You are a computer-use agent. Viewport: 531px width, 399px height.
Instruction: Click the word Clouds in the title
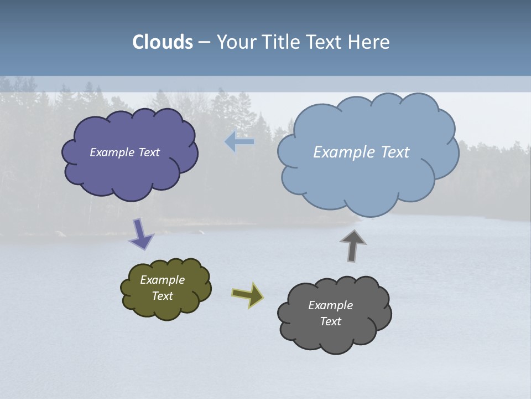pyautogui.click(x=163, y=42)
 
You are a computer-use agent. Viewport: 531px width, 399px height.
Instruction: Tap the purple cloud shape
pyautogui.click(x=130, y=172)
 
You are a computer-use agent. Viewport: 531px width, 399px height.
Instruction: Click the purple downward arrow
pyautogui.click(x=140, y=233)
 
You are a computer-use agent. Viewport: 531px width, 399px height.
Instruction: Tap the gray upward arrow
pyautogui.click(x=352, y=245)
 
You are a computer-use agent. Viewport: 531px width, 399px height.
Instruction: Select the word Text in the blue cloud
pyautogui.click(x=395, y=152)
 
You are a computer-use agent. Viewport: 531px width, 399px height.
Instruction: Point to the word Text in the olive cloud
pyautogui.click(x=163, y=296)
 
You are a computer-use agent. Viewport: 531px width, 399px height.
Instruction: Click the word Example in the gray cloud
pyautogui.click(x=330, y=305)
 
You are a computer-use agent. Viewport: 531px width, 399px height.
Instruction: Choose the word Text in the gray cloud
pyautogui.click(x=330, y=321)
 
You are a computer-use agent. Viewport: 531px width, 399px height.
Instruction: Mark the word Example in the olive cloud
pyautogui.click(x=162, y=280)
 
